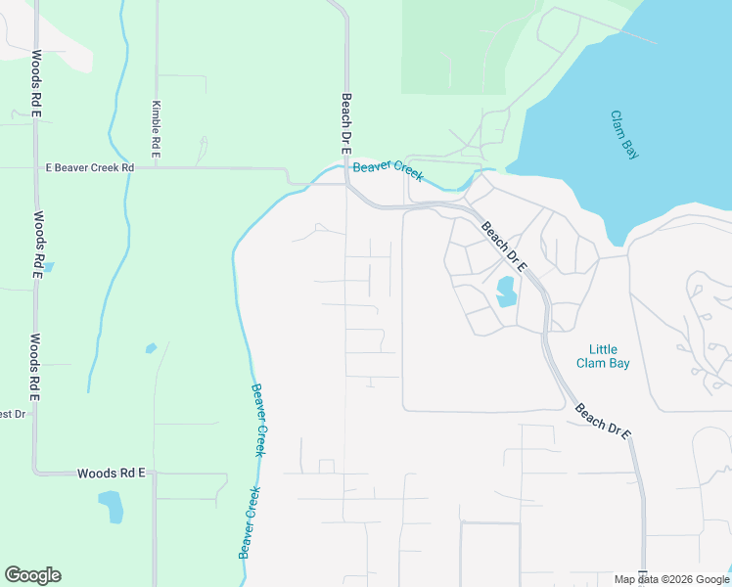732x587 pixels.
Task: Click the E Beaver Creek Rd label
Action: pos(90,168)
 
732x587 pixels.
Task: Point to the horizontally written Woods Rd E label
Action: pos(111,473)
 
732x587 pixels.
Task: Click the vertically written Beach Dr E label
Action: pos(345,123)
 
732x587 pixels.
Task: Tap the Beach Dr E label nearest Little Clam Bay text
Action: pos(603,421)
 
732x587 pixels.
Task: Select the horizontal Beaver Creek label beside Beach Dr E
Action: pos(389,170)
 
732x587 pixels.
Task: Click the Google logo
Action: pos(32,575)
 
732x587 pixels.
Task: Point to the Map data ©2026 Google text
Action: pos(670,579)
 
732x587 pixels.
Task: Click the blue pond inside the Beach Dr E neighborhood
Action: pos(506,292)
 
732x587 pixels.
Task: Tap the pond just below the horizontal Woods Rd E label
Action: pos(112,507)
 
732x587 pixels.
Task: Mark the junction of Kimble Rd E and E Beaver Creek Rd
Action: pos(156,168)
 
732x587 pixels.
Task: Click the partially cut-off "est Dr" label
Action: pos(12,414)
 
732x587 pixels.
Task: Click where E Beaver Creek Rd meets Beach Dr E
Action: pos(345,183)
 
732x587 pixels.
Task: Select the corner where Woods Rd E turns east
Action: pos(35,473)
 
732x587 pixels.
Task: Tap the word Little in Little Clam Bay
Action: pos(603,349)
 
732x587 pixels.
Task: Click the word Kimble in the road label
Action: pos(156,117)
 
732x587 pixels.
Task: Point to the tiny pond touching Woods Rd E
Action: pos(48,266)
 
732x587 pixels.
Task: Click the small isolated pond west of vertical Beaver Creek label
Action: pos(151,347)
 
